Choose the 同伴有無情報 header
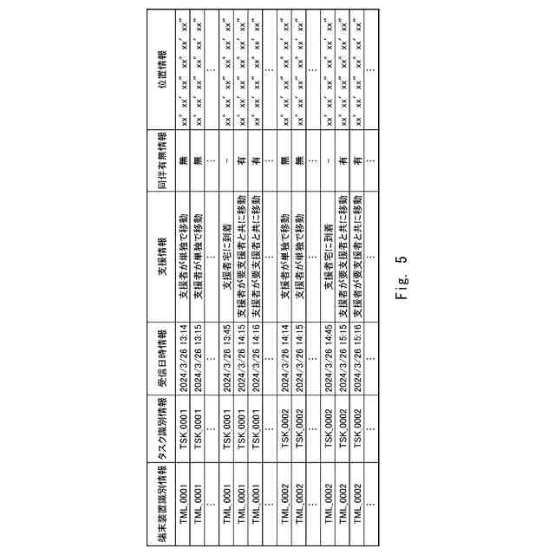pyautogui.click(x=162, y=160)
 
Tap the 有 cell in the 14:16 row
pyautogui.click(x=257, y=160)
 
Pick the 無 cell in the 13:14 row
pyautogui.click(x=184, y=160)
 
